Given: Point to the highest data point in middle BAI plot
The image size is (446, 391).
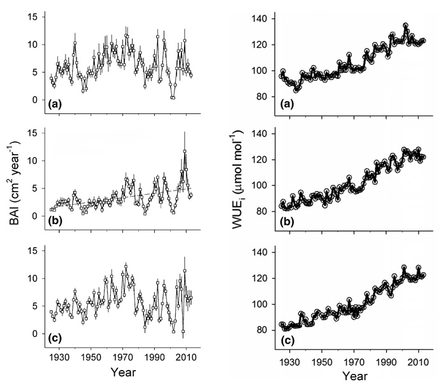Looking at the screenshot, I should [x=184, y=152].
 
